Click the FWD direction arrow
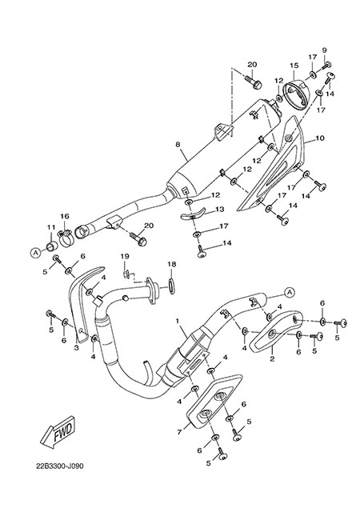(58, 433)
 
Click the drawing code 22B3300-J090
(60, 466)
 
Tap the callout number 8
(178, 145)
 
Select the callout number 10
(320, 138)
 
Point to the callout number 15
(294, 65)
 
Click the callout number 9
(324, 50)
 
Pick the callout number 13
(220, 210)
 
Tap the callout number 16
(65, 216)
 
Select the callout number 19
(125, 256)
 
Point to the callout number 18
(172, 264)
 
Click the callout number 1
(178, 321)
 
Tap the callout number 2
(272, 358)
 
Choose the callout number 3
(77, 348)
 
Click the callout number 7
(179, 432)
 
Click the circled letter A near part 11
(35, 252)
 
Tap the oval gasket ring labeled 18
(172, 285)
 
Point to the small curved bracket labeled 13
(194, 214)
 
